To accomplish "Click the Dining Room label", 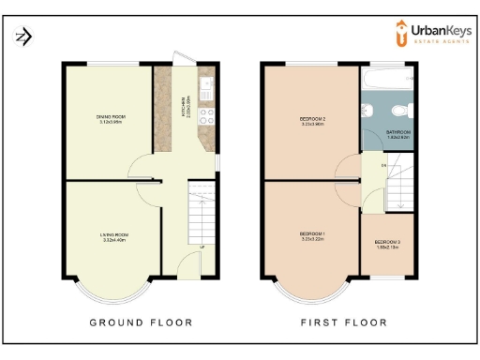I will pyautogui.click(x=111, y=118).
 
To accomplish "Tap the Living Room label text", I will pyautogui.click(x=113, y=238).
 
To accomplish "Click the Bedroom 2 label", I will pyautogui.click(x=312, y=120).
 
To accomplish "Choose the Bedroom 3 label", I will pyautogui.click(x=387, y=246).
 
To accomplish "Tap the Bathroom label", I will pyautogui.click(x=398, y=134).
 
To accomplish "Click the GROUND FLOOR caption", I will pyautogui.click(x=141, y=322).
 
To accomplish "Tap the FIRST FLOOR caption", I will pyautogui.click(x=343, y=322).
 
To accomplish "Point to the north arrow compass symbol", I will pyautogui.click(x=22, y=37).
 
